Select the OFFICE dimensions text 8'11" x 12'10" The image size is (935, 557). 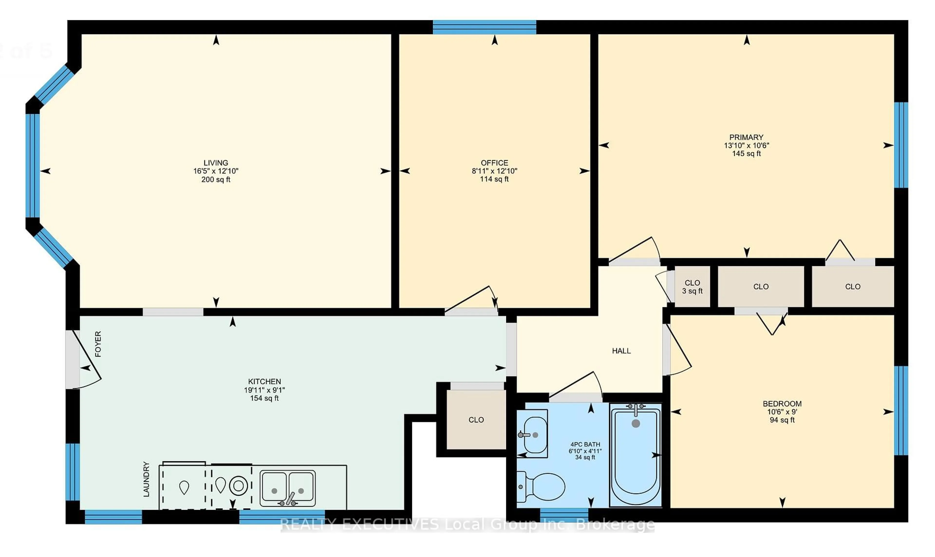pos(494,171)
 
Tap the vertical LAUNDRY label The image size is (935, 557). pos(146,479)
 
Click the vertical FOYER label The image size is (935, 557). pos(98,344)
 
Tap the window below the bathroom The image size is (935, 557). pos(564,515)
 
